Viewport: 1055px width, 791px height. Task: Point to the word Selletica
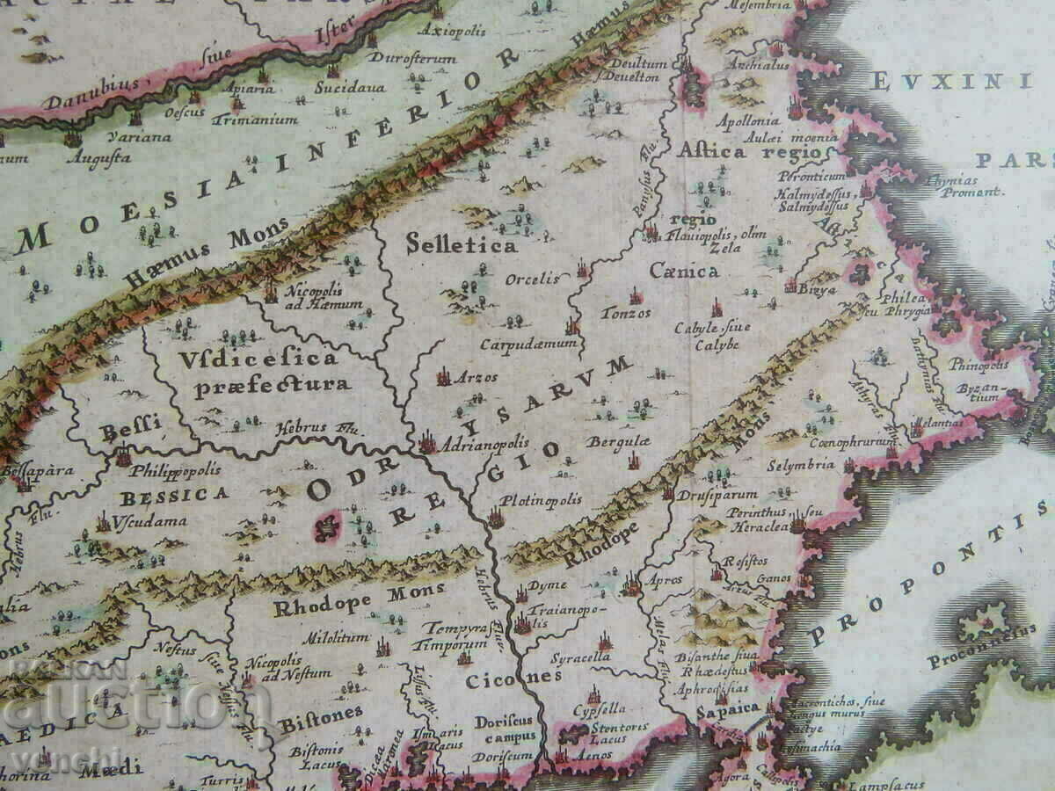pyautogui.click(x=461, y=244)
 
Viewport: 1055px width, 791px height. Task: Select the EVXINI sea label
pyautogui.click(x=950, y=82)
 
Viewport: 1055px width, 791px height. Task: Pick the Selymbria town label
pyautogui.click(x=800, y=465)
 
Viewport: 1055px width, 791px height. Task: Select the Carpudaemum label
pyautogui.click(x=527, y=343)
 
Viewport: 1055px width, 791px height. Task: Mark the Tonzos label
pyautogui.click(x=625, y=312)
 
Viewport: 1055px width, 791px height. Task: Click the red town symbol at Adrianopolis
pyautogui.click(x=428, y=441)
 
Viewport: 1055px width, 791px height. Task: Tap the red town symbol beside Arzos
pyautogui.click(x=444, y=377)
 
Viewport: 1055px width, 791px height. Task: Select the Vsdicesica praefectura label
pyautogui.click(x=258, y=371)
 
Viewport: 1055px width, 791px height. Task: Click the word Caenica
pyautogui.click(x=684, y=271)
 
